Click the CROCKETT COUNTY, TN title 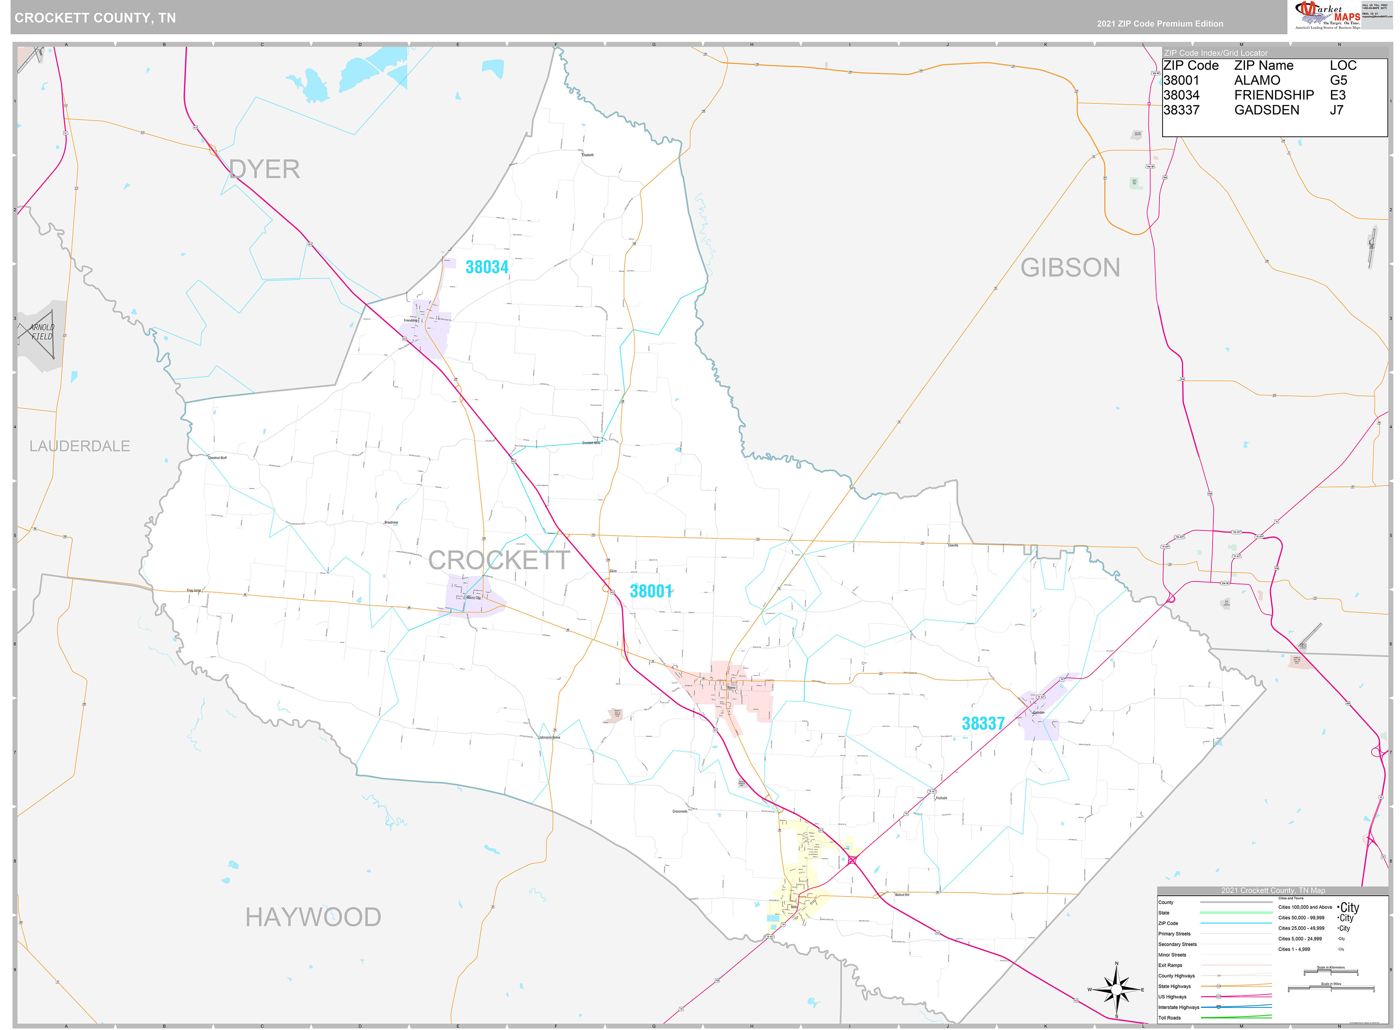click(95, 17)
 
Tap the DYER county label click(264, 169)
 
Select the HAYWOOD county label click(313, 917)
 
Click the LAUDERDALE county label click(80, 446)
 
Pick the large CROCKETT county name click(499, 560)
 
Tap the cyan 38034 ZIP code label click(487, 267)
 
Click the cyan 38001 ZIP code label click(650, 591)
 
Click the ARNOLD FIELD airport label click(42, 332)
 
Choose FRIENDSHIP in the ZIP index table click(1274, 95)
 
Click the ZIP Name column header click(1263, 65)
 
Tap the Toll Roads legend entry click(1169, 1018)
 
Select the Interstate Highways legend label click(1178, 1007)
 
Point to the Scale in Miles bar click(1330, 988)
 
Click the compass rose click(1116, 990)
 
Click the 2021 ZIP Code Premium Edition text click(1160, 24)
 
